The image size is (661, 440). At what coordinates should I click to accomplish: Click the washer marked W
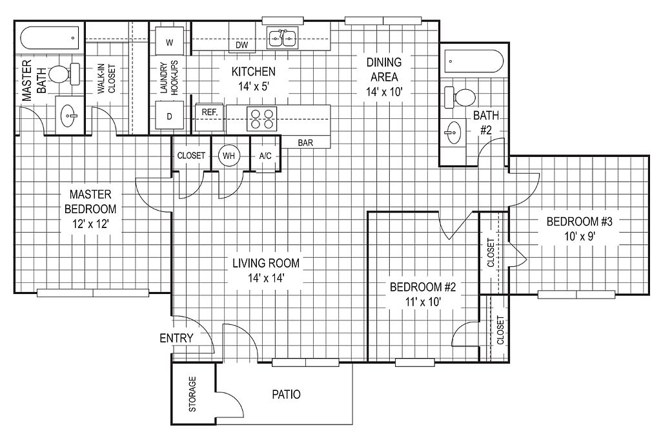pos(169,43)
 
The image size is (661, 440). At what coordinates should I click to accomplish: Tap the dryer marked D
pos(170,117)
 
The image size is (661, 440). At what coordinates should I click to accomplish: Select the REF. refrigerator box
pos(210,112)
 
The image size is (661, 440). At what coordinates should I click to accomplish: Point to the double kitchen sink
pos(282,39)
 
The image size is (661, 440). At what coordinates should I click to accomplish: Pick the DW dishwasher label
pos(242,45)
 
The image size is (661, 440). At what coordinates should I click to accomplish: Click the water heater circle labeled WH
pos(229,156)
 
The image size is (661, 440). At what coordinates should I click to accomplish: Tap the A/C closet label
pos(265,156)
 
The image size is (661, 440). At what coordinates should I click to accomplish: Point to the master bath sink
pos(68,117)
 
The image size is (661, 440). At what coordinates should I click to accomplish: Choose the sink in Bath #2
pos(453,134)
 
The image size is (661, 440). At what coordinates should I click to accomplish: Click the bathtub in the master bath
pos(50,38)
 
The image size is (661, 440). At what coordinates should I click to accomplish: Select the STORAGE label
pos(192,394)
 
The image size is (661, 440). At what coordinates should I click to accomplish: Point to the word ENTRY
pos(176,338)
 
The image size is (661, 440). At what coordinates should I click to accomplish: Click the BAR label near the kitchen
pos(306,143)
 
